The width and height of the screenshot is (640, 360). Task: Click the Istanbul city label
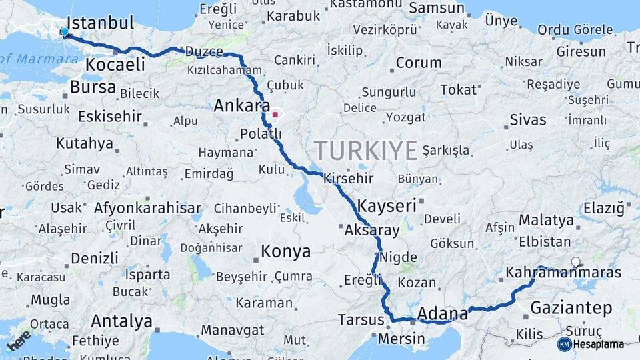[x=101, y=23]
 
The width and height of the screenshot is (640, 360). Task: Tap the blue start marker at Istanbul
[x=65, y=32]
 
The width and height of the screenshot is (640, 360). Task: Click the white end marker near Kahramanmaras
[x=575, y=262]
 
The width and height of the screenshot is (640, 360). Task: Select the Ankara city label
[x=241, y=105]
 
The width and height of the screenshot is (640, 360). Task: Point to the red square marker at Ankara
[x=275, y=114]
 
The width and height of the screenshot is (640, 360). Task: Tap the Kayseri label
[x=387, y=205]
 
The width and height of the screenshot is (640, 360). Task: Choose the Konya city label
[x=285, y=251]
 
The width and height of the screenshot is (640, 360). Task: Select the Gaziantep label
[x=571, y=307]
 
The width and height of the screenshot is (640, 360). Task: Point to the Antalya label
[x=121, y=321]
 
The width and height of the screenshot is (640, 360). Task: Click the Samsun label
[x=436, y=8]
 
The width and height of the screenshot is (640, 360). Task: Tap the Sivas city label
[x=527, y=120]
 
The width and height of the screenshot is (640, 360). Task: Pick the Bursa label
[x=93, y=87]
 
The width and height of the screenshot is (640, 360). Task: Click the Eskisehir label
[x=109, y=117]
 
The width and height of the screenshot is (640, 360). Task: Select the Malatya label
[x=546, y=220]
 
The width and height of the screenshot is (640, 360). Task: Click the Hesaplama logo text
[x=599, y=344]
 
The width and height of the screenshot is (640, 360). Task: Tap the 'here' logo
[x=19, y=340]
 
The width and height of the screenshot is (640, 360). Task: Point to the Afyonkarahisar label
[x=147, y=207]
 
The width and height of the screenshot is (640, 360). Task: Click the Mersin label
[x=401, y=339]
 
